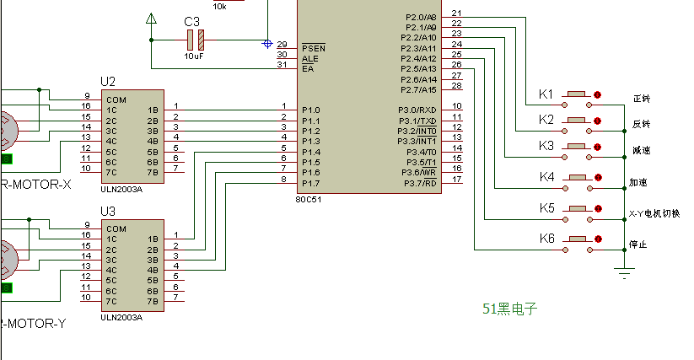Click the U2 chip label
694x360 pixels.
click(108, 82)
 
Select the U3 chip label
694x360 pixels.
click(108, 211)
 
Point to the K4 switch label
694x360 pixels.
click(546, 177)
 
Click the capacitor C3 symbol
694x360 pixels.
click(196, 39)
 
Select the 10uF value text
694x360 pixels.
click(194, 56)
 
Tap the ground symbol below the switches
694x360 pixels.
click(624, 271)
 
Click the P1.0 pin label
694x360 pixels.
click(310, 110)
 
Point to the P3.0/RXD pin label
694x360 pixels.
click(417, 110)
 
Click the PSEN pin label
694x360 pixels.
click(314, 48)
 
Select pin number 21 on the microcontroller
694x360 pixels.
click(456, 13)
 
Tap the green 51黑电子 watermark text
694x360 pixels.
click(510, 309)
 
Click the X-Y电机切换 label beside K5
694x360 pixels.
click(654, 213)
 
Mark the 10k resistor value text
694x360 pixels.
click(219, 6)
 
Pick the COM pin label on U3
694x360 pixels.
click(116, 228)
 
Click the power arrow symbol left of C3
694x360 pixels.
click(151, 19)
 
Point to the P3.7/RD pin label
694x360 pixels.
click(419, 183)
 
